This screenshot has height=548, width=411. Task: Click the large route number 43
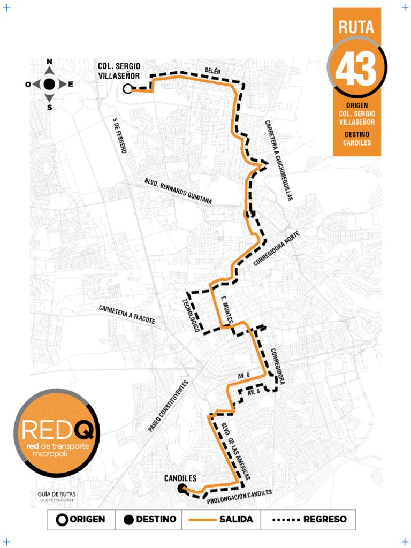point(356,69)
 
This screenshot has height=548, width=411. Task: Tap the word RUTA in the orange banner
point(356,27)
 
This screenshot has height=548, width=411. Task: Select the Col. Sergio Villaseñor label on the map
point(119,71)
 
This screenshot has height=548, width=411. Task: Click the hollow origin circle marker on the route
point(127,89)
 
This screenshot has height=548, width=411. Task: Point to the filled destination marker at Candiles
point(181,488)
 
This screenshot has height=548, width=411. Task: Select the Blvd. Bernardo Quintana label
point(178,191)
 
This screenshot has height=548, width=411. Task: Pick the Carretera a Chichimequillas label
point(279,160)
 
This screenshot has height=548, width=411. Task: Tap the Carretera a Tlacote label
point(127,315)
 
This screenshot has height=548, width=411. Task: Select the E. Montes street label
point(226,310)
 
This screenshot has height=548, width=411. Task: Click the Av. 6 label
point(244,376)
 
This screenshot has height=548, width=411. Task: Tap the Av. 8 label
point(254,392)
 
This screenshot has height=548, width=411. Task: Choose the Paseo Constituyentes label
point(169,406)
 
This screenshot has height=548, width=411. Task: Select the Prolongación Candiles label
point(239,496)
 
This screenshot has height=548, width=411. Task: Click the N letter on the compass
point(49,62)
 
